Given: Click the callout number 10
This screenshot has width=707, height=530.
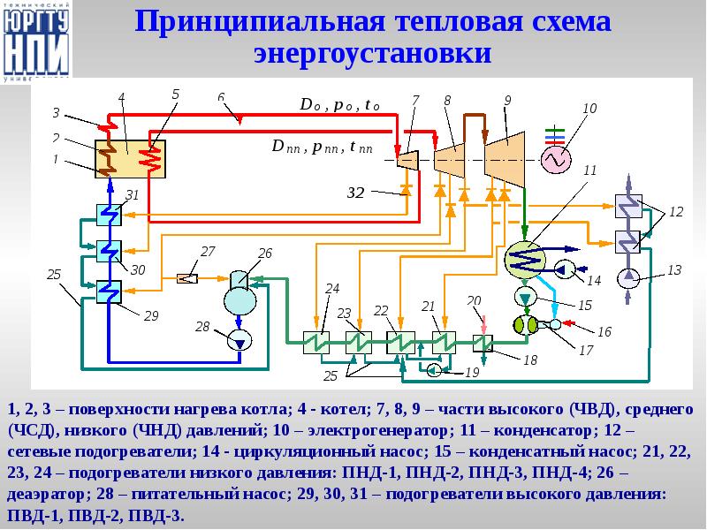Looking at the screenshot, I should pos(589,109).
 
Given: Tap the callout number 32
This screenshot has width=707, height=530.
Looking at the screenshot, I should pos(355,191).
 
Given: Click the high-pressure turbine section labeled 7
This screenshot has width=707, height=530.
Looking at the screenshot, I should pos(407,160).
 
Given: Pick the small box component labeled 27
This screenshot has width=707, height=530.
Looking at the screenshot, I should pos(186,278).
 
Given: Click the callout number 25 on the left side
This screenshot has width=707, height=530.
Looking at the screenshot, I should pos(54,275).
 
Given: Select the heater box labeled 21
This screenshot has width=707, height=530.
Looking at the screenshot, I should pos(442,342).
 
